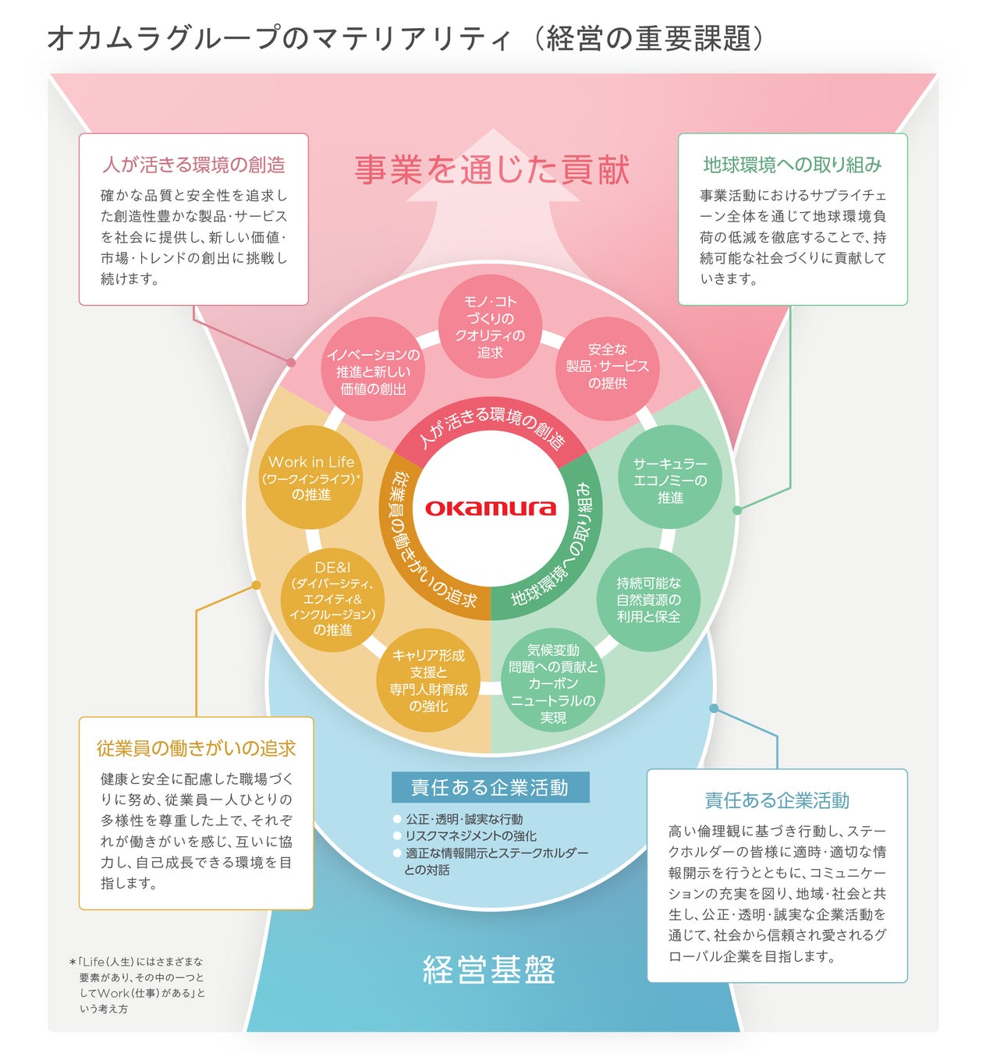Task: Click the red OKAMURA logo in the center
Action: pos(490,509)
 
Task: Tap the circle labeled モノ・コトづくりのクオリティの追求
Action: pos(490,327)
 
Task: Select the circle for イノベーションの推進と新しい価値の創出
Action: pos(373,371)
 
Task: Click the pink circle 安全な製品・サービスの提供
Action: pos(607,367)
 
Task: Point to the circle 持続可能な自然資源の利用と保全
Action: pos(648,599)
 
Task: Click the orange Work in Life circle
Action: pos(311,477)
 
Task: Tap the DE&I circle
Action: pos(333,599)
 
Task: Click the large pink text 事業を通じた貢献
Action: pos(492,169)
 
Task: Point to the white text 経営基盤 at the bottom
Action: pos(489,970)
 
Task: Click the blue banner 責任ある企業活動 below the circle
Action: pos(490,788)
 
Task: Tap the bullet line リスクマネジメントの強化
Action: pos(470,835)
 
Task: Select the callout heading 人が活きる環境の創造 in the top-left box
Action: pos(193,165)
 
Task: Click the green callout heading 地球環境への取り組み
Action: pos(793,165)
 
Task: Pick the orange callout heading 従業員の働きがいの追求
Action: pos(196,748)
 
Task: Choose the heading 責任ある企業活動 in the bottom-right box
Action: pos(777,800)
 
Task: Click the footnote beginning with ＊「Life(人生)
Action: pos(139,984)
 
